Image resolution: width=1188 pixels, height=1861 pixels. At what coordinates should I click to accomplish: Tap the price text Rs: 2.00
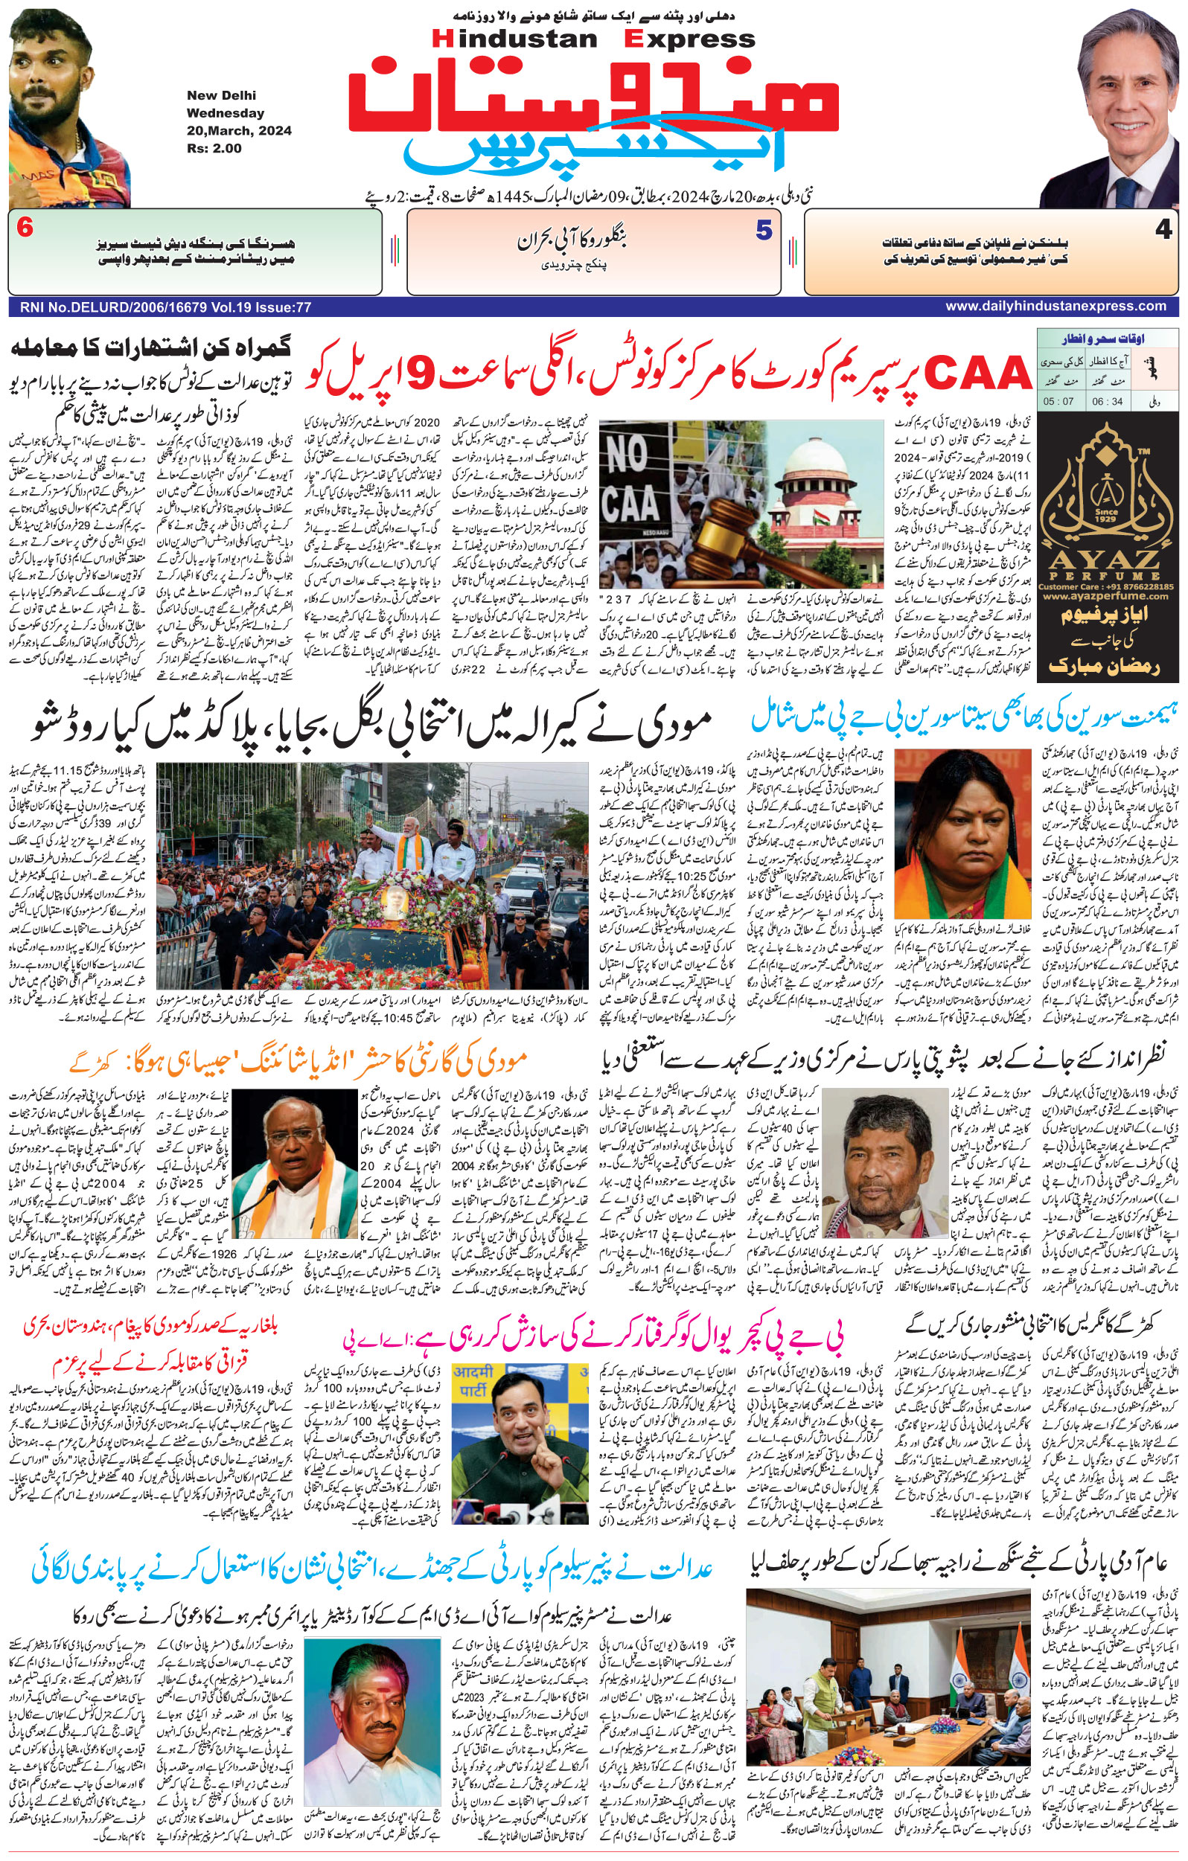click(x=214, y=148)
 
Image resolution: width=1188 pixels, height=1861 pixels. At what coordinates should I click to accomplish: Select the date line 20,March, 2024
click(x=239, y=131)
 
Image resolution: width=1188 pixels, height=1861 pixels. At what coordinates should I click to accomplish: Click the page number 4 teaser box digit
click(x=1163, y=231)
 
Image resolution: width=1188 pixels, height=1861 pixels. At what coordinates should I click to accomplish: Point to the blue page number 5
click(x=764, y=231)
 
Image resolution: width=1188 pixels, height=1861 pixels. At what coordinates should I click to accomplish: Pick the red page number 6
click(x=25, y=229)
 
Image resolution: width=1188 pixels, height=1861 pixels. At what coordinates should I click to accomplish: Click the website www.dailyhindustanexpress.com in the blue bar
click(x=1055, y=307)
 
